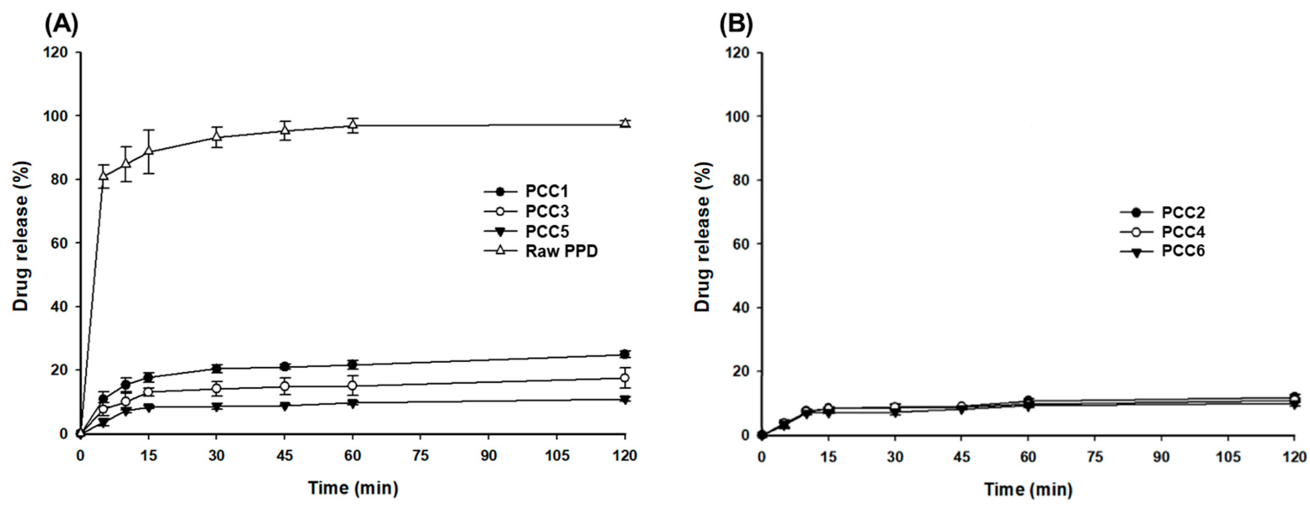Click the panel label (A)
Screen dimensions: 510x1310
tap(62, 25)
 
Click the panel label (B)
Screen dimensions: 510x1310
tap(736, 25)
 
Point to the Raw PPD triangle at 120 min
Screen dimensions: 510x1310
tap(625, 123)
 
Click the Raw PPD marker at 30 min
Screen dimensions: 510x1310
tap(217, 136)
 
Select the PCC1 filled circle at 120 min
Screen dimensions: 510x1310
tap(625, 354)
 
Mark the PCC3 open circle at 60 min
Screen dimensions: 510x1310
tap(352, 386)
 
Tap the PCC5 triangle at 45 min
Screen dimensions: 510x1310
tap(285, 406)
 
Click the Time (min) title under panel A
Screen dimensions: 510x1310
tap(352, 489)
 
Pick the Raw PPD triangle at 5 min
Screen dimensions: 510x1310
tap(103, 176)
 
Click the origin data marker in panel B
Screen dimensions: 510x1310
tap(762, 435)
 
